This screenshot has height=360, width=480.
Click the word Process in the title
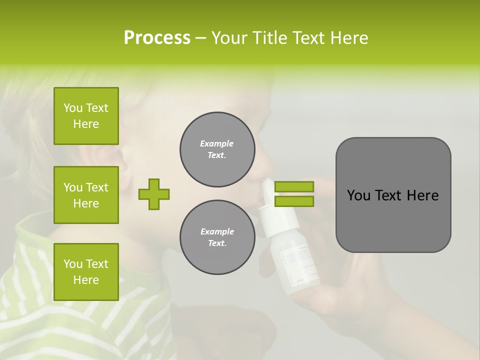(157, 38)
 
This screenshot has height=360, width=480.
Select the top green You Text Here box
(86, 116)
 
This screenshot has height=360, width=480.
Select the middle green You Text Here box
(86, 195)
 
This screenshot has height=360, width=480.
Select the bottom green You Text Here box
(86, 272)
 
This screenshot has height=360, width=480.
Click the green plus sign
(154, 194)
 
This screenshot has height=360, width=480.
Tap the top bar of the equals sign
(294, 186)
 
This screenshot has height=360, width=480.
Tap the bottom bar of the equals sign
(294, 201)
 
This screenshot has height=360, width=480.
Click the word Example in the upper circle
(216, 143)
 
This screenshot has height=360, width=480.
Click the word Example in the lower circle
(217, 231)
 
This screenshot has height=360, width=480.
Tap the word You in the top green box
(72, 108)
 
